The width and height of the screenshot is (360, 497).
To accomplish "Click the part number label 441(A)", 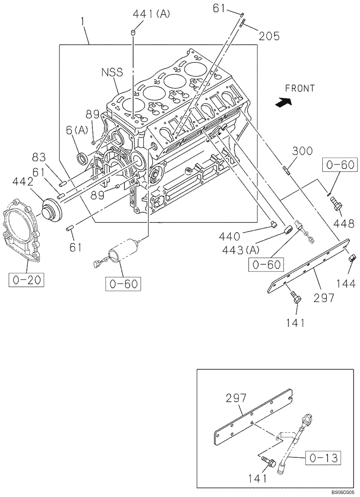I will coord(151,14).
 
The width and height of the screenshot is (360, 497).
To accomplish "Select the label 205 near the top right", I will coord(269,35).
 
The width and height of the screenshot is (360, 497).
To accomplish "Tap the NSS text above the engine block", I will coord(112,73).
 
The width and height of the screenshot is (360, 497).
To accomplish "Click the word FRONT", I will coord(300,88).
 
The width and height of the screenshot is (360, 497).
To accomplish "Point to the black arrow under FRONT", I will coord(283,103).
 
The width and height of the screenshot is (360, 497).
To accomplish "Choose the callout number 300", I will coord(302,151).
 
